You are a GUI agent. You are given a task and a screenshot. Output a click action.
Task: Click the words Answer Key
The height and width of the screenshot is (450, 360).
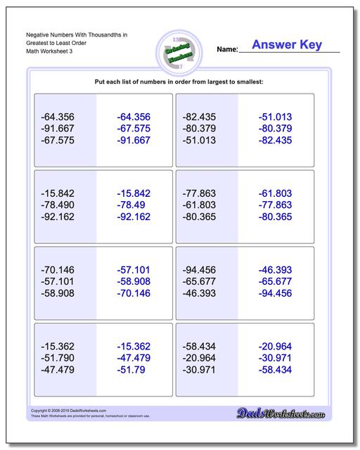tap(286, 45)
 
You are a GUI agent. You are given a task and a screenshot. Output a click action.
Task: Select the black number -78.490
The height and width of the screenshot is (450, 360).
tap(58, 204)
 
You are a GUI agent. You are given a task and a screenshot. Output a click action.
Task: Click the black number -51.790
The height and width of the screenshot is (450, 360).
tap(58, 356)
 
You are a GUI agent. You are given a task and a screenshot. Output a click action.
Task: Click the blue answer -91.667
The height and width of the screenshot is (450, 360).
tap(134, 141)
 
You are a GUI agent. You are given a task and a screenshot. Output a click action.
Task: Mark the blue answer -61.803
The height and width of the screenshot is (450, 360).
tap(275, 192)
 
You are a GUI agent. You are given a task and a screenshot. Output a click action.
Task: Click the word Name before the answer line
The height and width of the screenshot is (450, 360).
tap(227, 50)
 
